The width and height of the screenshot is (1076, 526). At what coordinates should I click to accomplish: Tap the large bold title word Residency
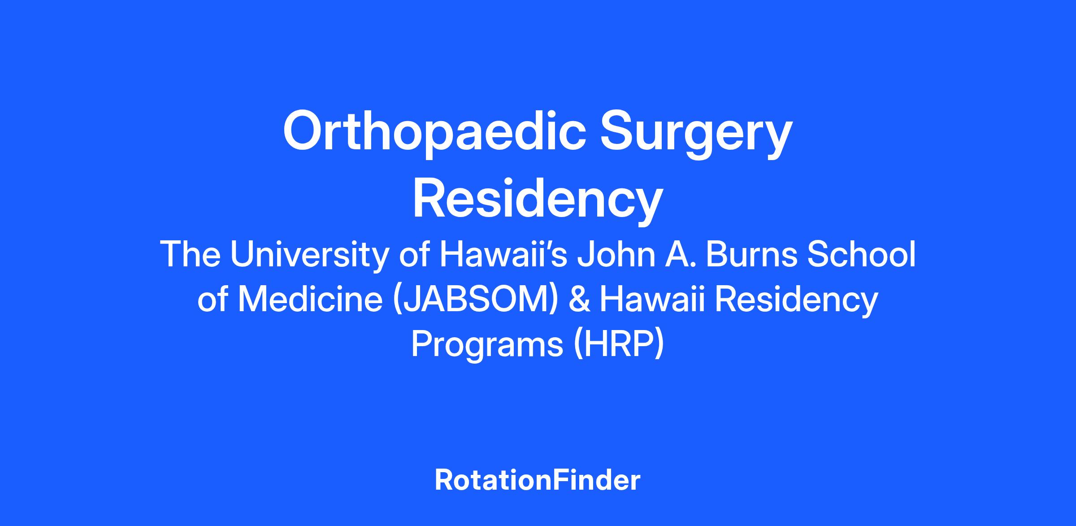(538, 200)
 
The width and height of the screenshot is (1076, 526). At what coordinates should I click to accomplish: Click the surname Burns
(752, 254)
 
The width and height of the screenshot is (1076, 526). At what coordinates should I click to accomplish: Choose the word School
(861, 254)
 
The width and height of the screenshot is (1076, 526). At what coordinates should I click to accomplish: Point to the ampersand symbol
(579, 300)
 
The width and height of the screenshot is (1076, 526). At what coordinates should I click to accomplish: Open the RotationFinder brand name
(538, 480)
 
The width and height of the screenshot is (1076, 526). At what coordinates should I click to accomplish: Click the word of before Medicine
(213, 300)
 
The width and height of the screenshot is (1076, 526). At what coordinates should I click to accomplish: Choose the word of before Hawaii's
(415, 254)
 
